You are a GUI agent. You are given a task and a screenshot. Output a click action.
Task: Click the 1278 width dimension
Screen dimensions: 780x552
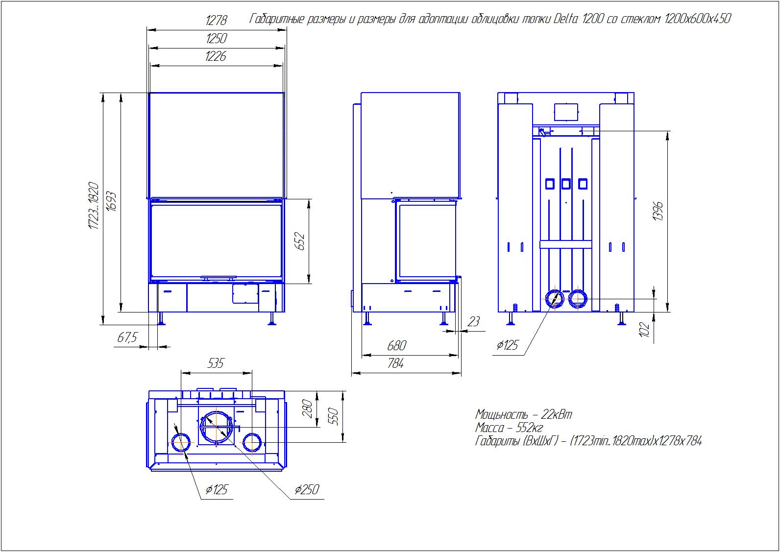click(216, 21)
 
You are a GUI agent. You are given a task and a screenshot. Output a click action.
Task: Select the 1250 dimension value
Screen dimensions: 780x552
click(216, 39)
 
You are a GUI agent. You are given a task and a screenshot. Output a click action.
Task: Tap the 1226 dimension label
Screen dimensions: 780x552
click(216, 56)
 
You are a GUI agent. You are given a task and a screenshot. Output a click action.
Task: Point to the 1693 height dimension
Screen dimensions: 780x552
click(111, 201)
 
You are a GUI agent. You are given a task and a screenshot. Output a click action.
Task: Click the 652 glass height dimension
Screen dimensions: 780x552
click(300, 241)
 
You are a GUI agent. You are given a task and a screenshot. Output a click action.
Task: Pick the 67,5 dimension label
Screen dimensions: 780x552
click(127, 337)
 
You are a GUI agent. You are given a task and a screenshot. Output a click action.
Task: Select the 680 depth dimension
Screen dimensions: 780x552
click(397, 346)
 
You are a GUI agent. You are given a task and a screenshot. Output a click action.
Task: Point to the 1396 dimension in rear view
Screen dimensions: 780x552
click(658, 211)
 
